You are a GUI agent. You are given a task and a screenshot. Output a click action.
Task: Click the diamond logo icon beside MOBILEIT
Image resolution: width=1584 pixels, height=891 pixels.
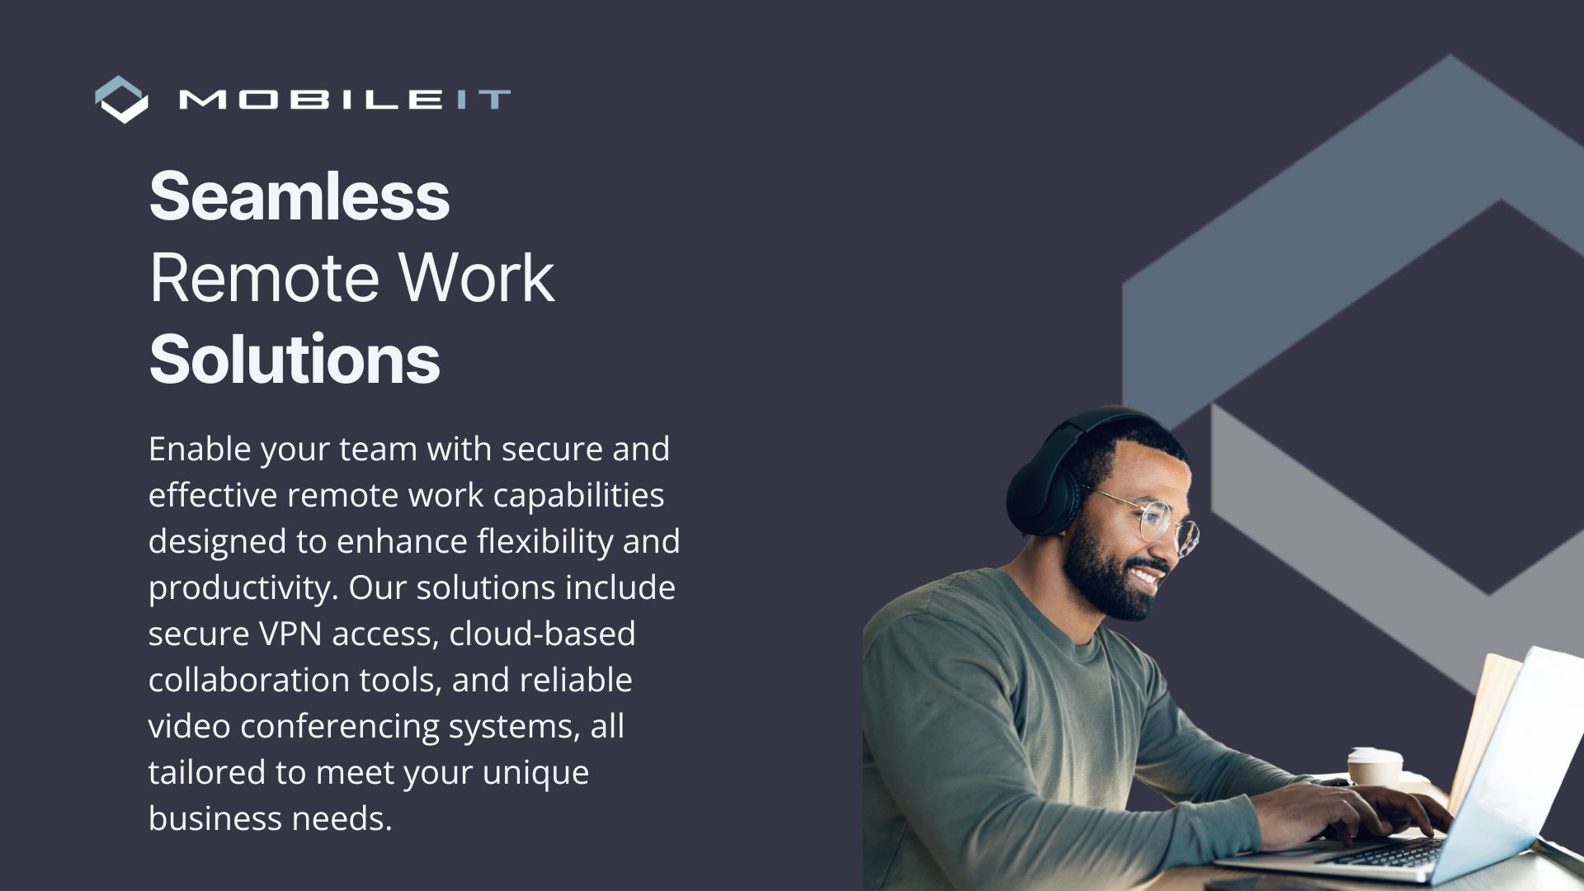(122, 100)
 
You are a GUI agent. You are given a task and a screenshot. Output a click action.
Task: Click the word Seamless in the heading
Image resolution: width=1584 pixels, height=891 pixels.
(299, 196)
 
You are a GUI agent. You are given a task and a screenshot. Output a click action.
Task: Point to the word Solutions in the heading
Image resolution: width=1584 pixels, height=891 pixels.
(295, 359)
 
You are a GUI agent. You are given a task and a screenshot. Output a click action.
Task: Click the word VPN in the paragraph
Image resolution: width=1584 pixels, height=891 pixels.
(290, 634)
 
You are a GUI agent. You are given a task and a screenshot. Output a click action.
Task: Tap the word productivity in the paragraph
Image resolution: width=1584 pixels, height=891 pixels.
(243, 588)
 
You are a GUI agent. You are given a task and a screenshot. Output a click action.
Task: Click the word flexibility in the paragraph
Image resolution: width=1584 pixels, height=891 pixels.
(544, 542)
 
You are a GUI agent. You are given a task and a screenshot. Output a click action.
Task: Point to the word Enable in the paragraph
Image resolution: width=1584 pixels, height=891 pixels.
(200, 449)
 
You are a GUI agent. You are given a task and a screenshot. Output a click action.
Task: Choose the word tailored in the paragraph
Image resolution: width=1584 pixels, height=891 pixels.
(207, 772)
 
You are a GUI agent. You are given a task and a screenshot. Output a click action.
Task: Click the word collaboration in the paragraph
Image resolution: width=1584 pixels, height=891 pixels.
(249, 680)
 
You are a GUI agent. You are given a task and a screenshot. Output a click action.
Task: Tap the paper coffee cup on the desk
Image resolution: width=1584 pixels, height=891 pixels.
(1374, 767)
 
